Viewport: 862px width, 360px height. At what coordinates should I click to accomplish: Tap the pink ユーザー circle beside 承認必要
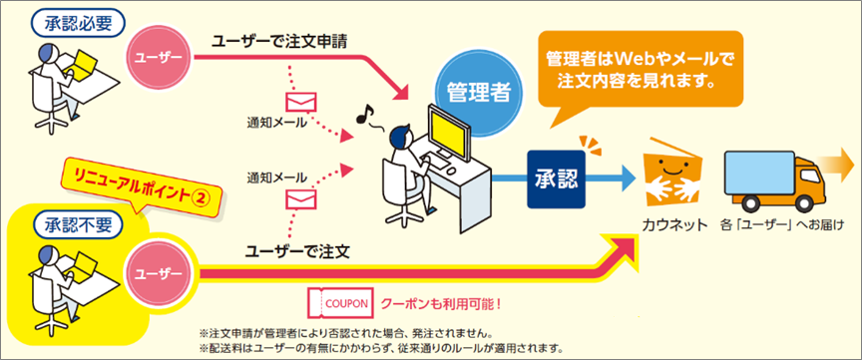[x=160, y=55]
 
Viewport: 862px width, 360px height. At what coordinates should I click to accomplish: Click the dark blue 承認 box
[x=557, y=180]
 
